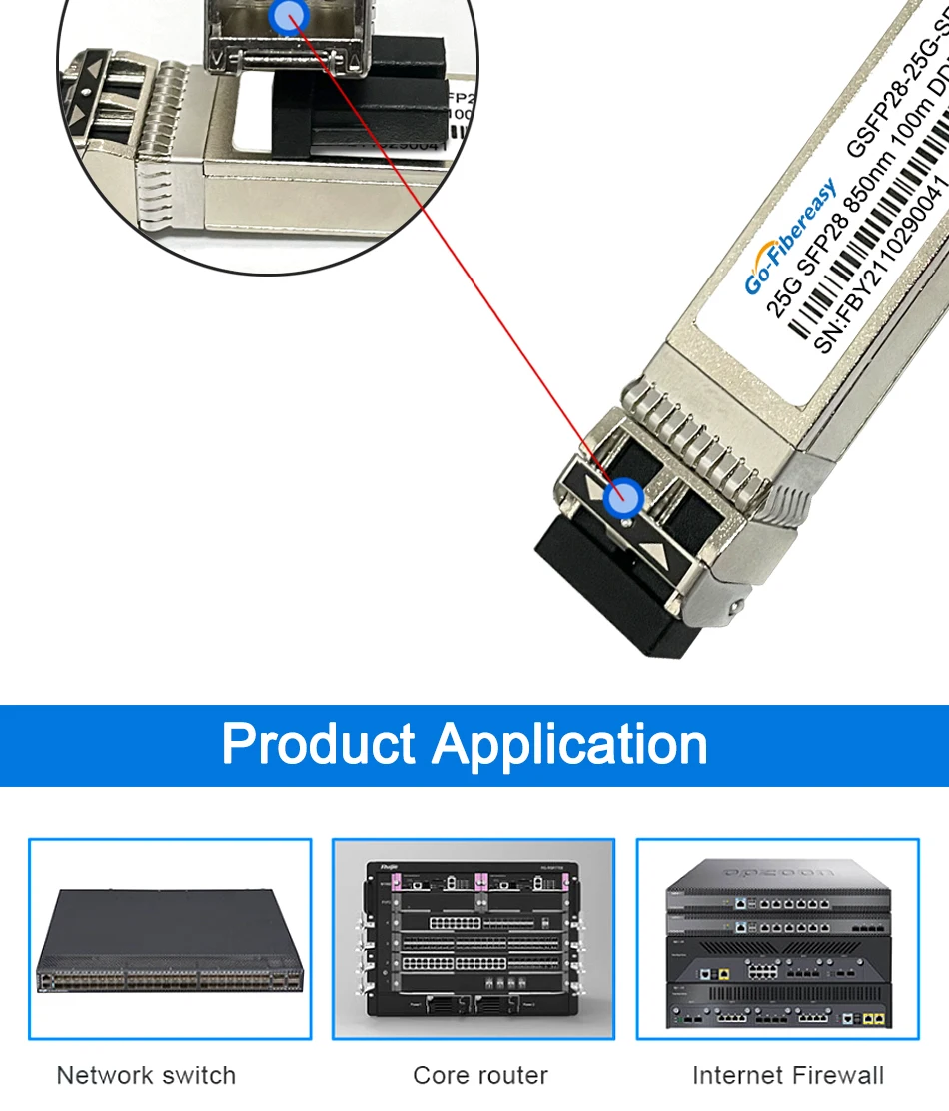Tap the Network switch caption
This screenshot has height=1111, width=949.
(x=146, y=1075)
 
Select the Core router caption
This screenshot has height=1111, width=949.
(x=480, y=1075)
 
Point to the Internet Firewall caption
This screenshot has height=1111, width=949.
(x=788, y=1075)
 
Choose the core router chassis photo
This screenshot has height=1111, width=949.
(x=473, y=939)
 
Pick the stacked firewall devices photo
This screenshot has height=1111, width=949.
(x=777, y=943)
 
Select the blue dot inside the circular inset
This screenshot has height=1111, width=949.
(x=289, y=14)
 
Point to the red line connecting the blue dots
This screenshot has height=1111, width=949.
(x=450, y=250)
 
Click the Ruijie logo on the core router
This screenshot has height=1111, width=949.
(x=382, y=867)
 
